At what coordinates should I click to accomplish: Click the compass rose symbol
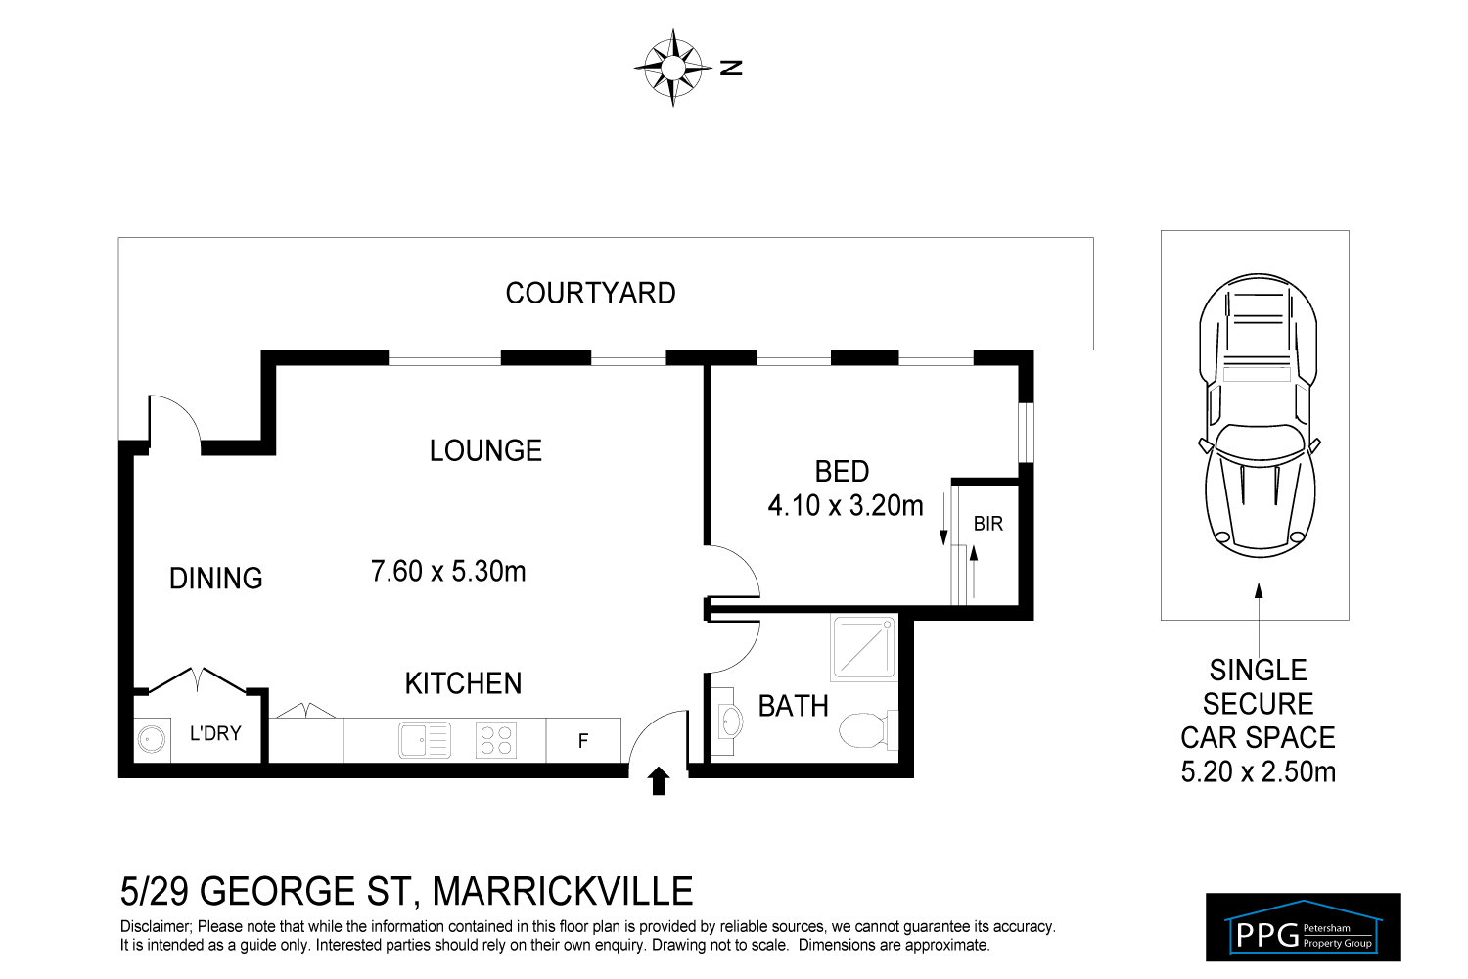click(673, 68)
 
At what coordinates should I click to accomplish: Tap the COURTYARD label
click(590, 294)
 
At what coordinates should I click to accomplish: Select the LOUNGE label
click(485, 450)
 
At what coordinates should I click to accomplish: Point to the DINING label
click(216, 579)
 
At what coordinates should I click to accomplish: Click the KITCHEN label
click(463, 683)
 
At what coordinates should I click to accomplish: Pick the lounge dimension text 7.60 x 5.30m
click(448, 571)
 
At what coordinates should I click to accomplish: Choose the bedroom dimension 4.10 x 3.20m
click(846, 506)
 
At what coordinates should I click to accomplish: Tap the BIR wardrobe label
click(988, 524)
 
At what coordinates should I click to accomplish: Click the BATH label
click(793, 706)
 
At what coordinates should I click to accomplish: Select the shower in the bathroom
click(863, 647)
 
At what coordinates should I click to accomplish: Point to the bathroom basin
click(730, 723)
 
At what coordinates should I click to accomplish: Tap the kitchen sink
click(425, 740)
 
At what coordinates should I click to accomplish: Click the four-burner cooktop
click(496, 740)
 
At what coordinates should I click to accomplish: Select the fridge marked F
click(583, 741)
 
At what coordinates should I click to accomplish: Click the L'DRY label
click(215, 733)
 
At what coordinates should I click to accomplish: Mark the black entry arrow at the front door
click(659, 780)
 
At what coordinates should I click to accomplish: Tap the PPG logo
click(1303, 926)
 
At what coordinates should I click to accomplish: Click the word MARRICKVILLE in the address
click(563, 892)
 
